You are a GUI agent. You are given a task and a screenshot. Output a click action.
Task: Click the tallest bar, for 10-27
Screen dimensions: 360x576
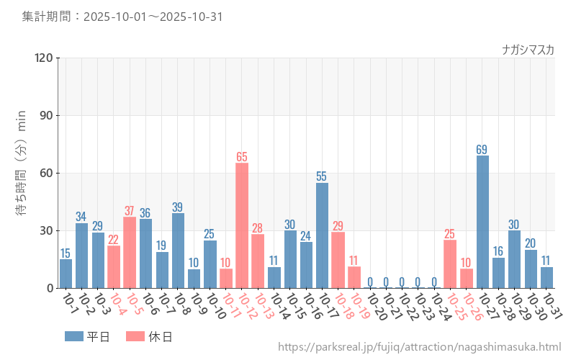point(482,222)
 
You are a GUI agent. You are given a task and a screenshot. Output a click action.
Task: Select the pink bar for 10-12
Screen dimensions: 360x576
point(242,225)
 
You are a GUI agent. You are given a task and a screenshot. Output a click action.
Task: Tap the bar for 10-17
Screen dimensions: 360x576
point(322,235)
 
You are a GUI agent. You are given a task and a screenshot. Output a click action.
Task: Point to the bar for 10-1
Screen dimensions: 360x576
point(66,274)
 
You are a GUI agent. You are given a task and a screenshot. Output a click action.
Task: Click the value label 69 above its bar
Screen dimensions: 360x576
point(482,149)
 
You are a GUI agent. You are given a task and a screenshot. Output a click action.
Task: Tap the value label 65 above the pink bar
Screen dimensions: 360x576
point(242,156)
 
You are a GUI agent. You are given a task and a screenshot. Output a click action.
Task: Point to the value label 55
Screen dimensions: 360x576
point(322,176)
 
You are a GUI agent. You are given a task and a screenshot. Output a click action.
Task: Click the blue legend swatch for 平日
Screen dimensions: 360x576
point(74,336)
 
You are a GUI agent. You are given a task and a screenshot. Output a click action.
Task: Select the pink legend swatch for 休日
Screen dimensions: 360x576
point(135,336)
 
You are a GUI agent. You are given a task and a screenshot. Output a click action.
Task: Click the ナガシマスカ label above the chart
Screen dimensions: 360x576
point(528,50)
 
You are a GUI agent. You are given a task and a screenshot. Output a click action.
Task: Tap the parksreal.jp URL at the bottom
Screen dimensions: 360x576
point(419,348)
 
